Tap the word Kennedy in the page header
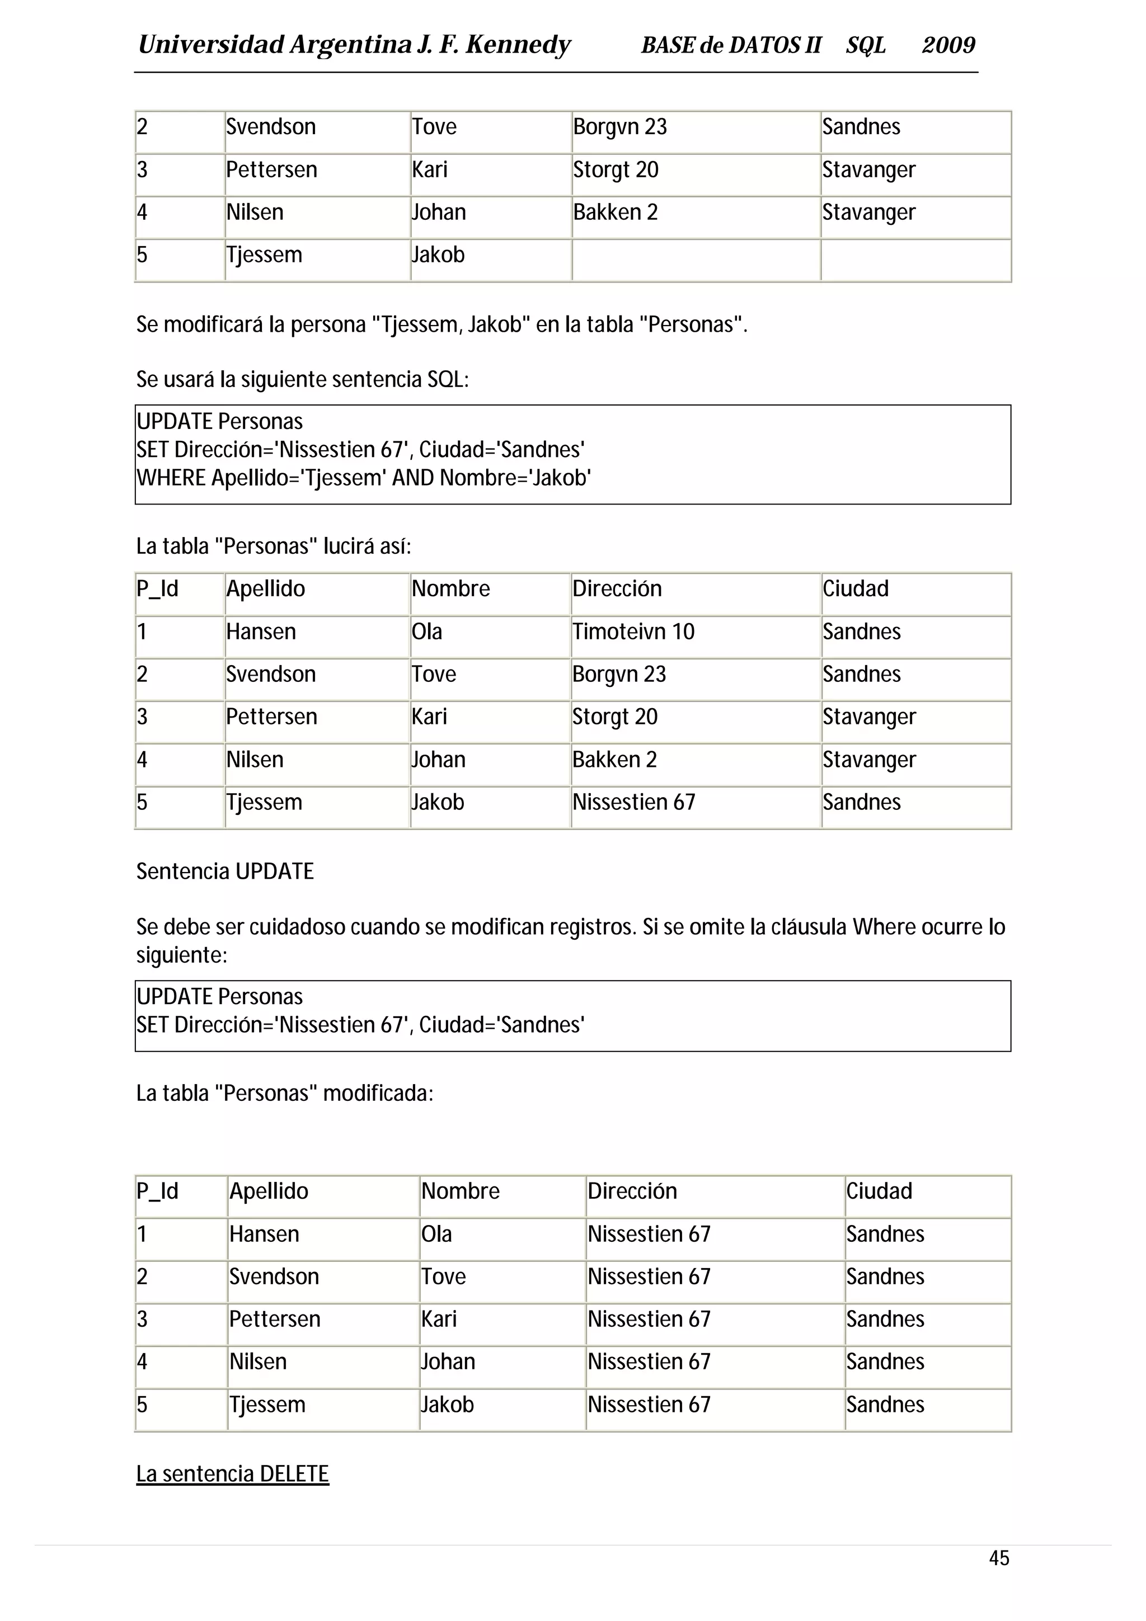click(518, 45)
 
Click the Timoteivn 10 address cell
click(633, 631)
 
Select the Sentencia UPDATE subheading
click(224, 871)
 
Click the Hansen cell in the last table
click(264, 1233)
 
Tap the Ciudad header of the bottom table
click(879, 1190)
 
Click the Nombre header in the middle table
click(450, 588)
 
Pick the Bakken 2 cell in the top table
click(615, 212)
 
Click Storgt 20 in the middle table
click(614, 716)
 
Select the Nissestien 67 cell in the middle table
click(633, 802)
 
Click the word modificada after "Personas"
click(378, 1093)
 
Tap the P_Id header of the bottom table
click(157, 1190)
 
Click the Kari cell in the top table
click(429, 169)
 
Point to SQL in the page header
click(866, 45)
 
